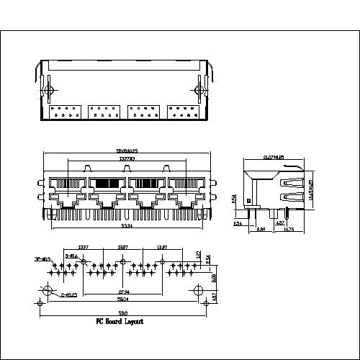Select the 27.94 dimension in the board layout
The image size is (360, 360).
point(124,292)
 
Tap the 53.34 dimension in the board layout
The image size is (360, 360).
point(123,298)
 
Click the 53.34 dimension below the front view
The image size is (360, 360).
point(125,225)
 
